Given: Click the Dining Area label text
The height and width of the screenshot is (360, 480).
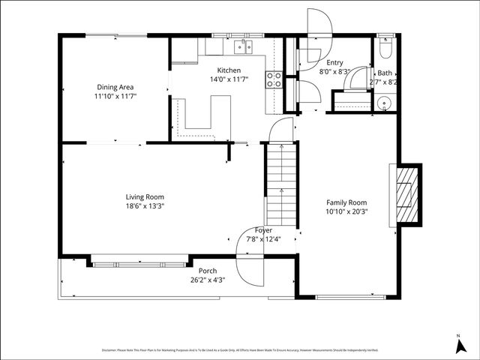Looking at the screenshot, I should click(x=115, y=87).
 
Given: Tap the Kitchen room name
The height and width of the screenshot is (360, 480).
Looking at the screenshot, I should click(x=229, y=70).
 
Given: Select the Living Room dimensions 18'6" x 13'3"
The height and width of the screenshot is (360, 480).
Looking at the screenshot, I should click(x=145, y=206).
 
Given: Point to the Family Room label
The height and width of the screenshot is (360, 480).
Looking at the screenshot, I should click(x=346, y=202).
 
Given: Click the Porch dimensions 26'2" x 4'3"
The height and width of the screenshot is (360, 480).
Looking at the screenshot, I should click(x=206, y=280).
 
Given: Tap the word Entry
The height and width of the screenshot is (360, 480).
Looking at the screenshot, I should click(x=334, y=63).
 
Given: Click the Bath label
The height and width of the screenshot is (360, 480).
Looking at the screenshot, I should click(x=384, y=73).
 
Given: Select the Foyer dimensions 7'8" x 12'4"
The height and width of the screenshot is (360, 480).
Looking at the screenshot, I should click(x=262, y=239).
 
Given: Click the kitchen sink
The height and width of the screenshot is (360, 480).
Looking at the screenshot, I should click(x=242, y=47).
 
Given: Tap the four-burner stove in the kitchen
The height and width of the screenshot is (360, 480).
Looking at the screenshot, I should click(x=273, y=79).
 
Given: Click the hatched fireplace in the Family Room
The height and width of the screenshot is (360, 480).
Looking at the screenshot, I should click(x=405, y=194).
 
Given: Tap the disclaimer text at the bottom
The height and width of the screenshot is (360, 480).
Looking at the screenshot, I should click(x=240, y=350).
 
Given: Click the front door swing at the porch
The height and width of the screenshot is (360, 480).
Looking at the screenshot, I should click(x=250, y=265).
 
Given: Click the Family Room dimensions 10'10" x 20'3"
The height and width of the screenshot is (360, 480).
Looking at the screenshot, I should click(x=346, y=211).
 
